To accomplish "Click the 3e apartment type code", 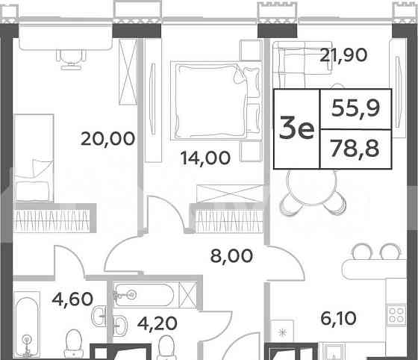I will point(295,129).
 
